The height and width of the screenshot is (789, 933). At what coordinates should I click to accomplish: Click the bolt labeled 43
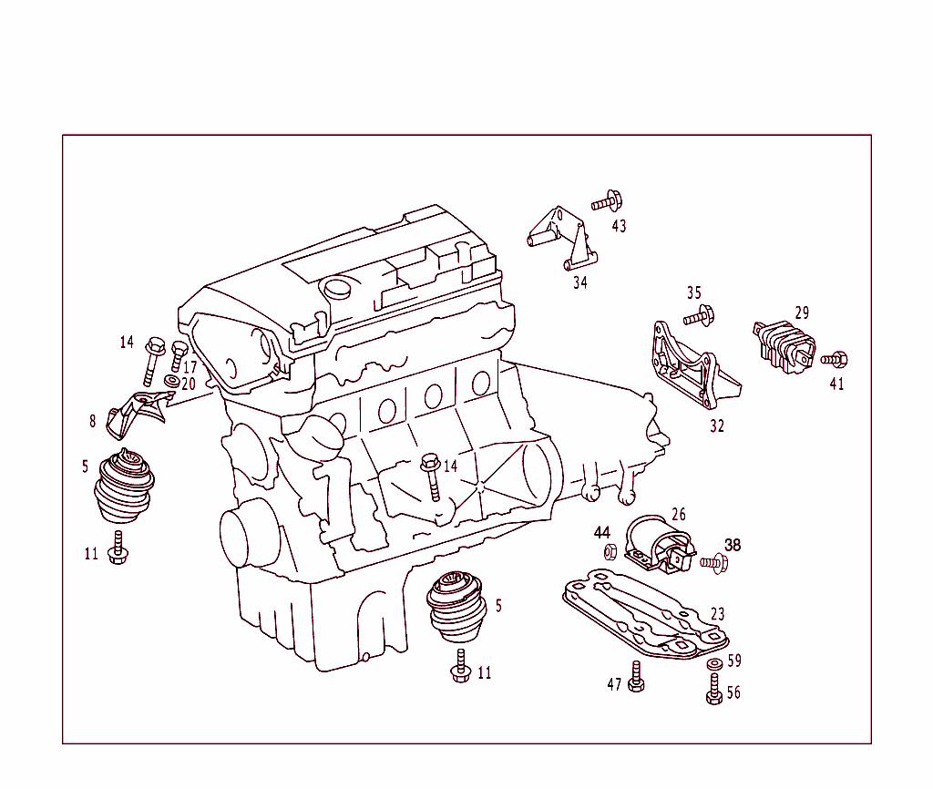607,201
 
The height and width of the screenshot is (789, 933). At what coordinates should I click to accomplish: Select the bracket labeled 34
559,238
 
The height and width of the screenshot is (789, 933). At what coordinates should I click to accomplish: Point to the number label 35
694,292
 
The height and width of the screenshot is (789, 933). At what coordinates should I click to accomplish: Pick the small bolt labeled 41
836,359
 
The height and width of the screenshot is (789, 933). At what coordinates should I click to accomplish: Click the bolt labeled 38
713,565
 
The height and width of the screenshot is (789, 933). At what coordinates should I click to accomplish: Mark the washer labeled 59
714,663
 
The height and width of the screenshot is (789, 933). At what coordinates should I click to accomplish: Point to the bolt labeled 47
636,679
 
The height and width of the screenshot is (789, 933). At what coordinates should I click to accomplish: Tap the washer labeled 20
170,380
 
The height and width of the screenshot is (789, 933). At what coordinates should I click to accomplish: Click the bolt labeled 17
179,358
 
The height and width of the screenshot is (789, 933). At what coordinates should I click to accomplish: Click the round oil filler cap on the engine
337,288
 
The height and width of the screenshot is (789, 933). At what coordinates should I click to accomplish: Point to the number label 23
718,615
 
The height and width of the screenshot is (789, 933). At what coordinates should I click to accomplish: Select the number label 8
92,421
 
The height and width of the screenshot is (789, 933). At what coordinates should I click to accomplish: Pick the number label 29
801,313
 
